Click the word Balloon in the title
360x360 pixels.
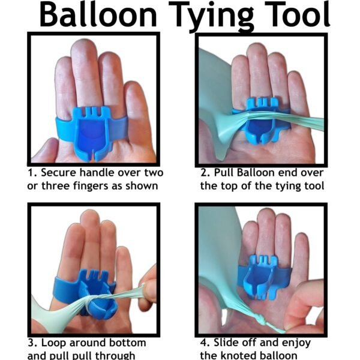coord(100,16)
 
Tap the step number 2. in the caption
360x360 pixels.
coord(206,173)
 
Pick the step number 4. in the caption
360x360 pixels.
coord(206,343)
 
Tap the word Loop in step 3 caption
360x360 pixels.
coord(58,343)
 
